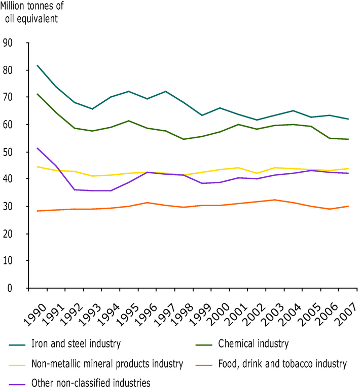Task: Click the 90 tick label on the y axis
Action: pyautogui.click(x=9, y=43)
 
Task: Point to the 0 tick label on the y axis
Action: pyautogui.click(x=11, y=288)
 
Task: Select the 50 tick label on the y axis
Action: pyautogui.click(x=9, y=152)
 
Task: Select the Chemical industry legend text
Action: pyautogui.click(x=253, y=344)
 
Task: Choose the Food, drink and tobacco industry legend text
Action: pyautogui.click(x=282, y=364)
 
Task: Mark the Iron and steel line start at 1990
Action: pyautogui.click(x=37, y=65)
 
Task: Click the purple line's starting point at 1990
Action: pyautogui.click(x=37, y=148)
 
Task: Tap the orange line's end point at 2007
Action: pyautogui.click(x=348, y=206)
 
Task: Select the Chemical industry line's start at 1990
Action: pyautogui.click(x=37, y=94)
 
